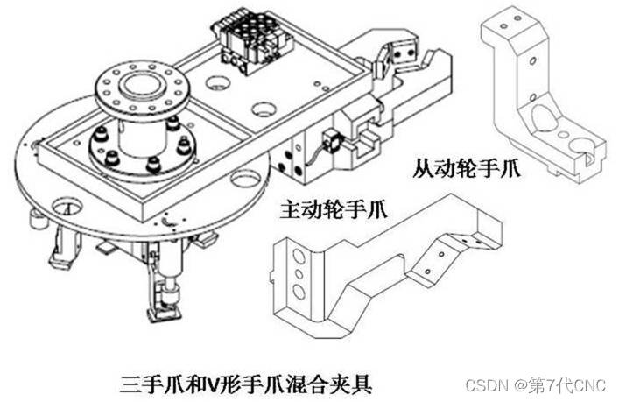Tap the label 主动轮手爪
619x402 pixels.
(334, 209)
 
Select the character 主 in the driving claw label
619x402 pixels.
(286, 210)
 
